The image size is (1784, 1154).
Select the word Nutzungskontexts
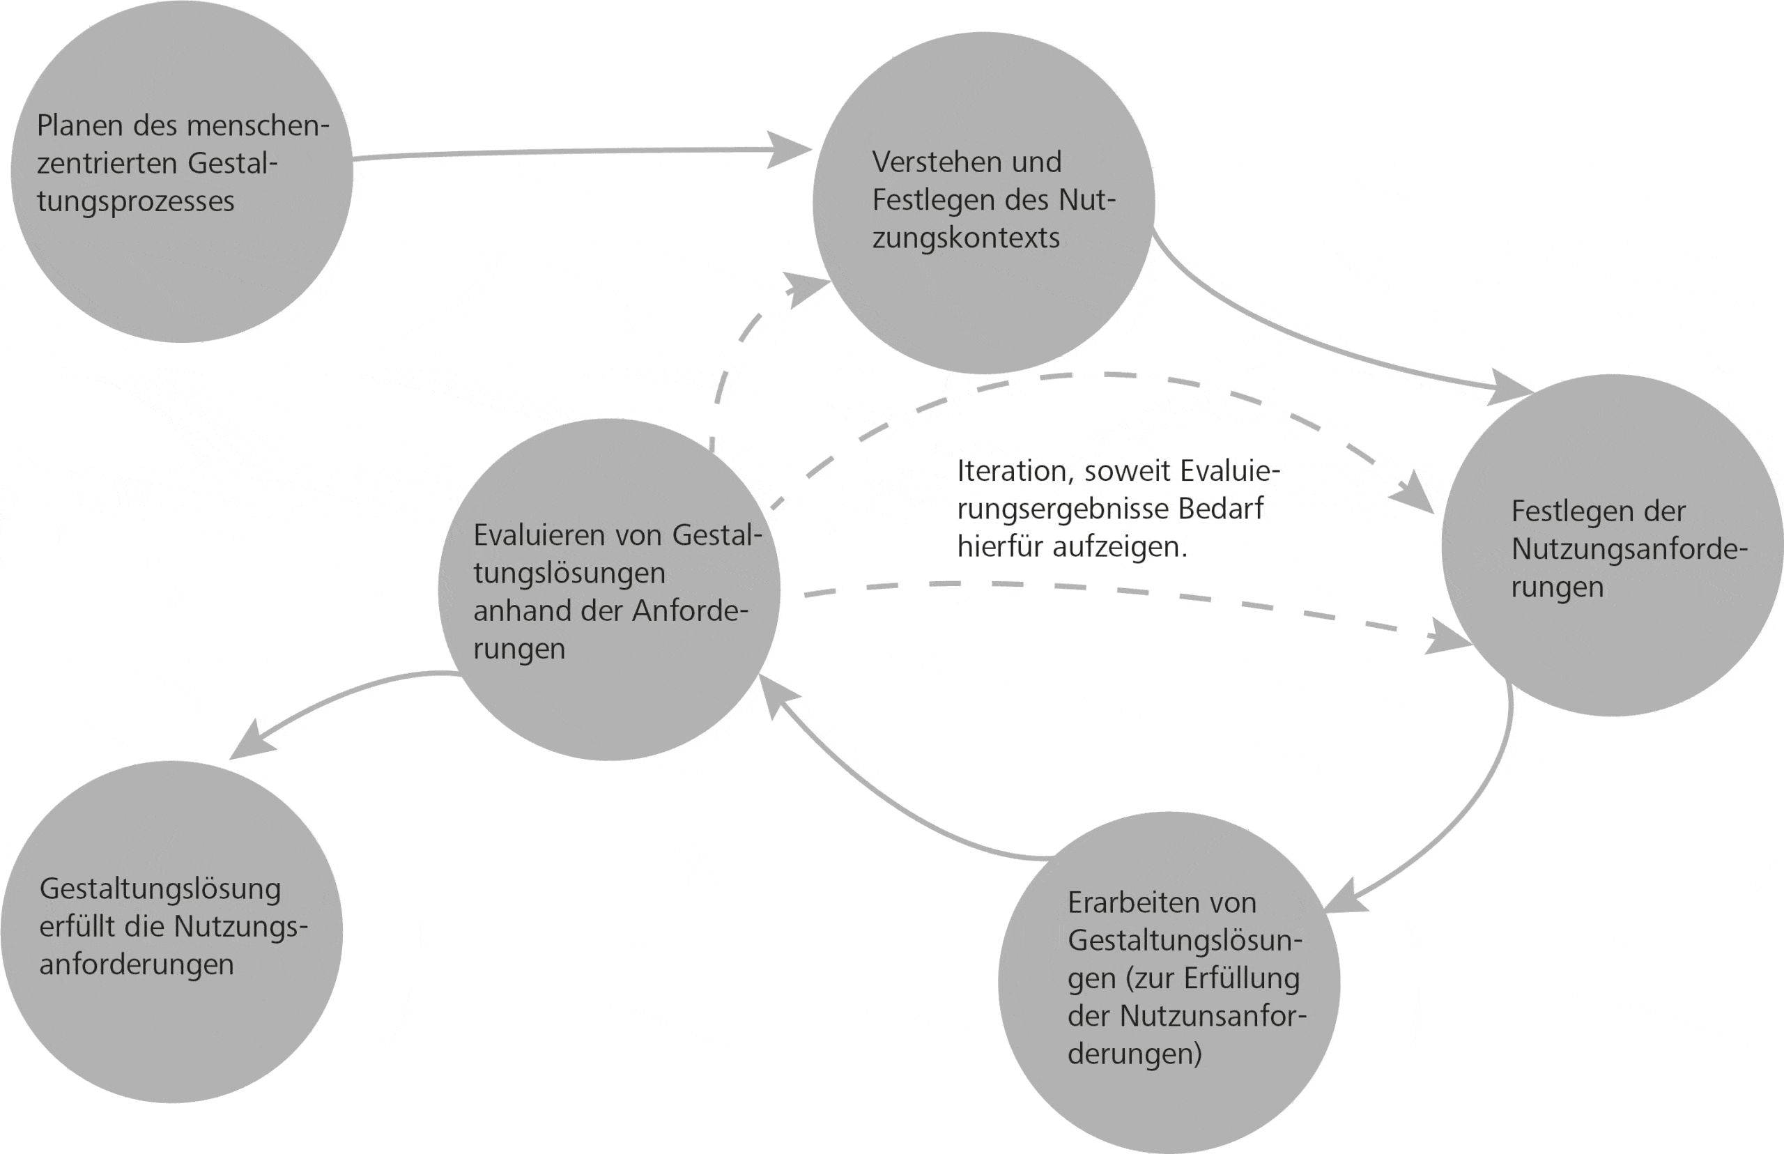point(966,238)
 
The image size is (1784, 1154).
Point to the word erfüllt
point(77,927)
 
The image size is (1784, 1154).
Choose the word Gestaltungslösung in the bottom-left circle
point(160,889)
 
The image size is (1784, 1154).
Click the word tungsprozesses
point(136,202)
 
